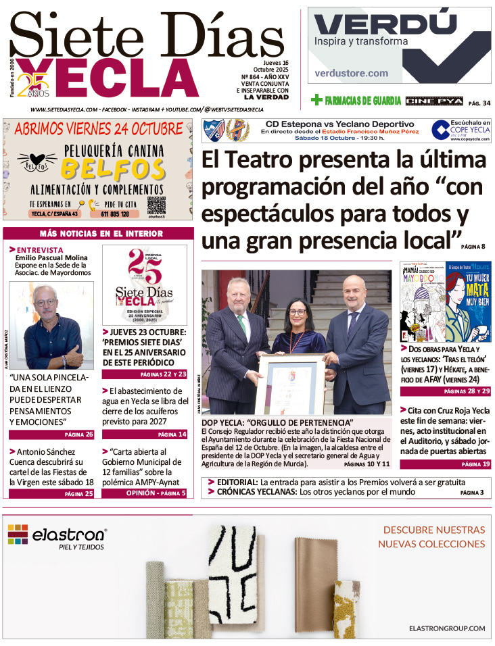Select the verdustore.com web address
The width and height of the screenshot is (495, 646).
click(352, 73)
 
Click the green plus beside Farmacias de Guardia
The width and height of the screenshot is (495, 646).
click(316, 101)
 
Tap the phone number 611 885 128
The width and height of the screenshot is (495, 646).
click(116, 214)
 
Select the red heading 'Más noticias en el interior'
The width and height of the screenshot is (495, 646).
click(101, 234)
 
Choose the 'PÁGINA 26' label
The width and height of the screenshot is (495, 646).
click(79, 434)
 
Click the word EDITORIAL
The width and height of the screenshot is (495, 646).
click(237, 482)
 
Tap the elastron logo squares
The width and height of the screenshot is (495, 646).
click(18, 535)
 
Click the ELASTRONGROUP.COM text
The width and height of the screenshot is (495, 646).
click(447, 628)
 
